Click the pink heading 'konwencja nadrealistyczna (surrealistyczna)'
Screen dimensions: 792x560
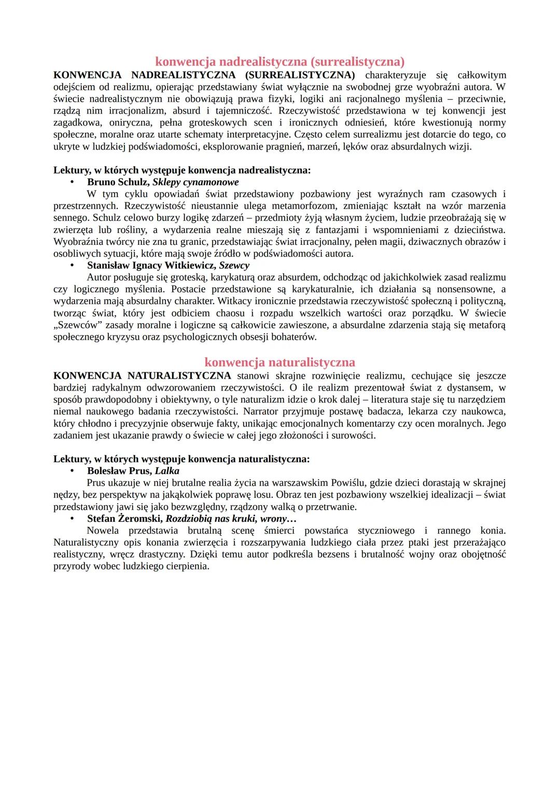click(x=280, y=62)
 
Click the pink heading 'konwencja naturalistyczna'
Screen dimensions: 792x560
click(x=280, y=362)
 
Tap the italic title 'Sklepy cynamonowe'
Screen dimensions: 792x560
click(x=195, y=182)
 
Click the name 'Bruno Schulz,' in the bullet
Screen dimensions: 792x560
click(x=118, y=182)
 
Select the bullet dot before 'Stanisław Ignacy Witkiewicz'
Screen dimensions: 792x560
click(x=73, y=266)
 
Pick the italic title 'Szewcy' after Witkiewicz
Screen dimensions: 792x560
click(x=234, y=266)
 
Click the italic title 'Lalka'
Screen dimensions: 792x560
click(x=167, y=471)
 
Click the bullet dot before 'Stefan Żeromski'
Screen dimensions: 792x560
click(x=73, y=519)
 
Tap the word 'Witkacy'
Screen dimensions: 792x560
click(x=234, y=301)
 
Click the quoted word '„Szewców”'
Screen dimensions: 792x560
click(x=76, y=325)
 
